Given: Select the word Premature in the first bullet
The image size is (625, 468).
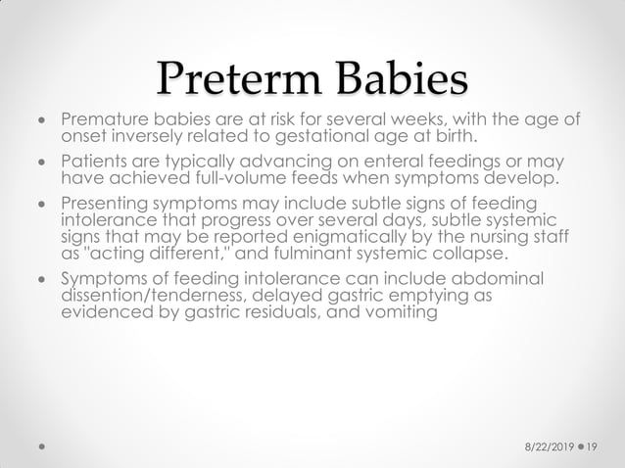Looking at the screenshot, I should point(102,121).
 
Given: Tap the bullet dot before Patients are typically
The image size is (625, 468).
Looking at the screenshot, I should point(40,163).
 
